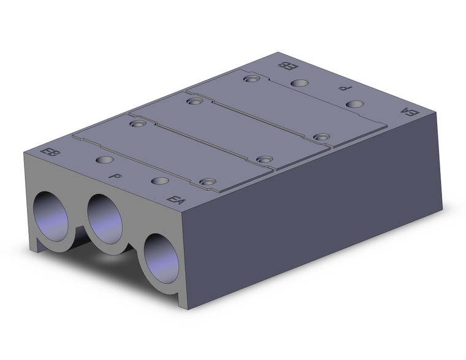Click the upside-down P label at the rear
pos(343,88)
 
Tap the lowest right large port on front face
pos(161,257)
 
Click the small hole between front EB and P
pos(105,161)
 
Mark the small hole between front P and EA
pos(159,181)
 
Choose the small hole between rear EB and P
pos(299,83)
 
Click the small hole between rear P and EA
pos(354,104)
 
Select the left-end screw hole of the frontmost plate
pos(138,124)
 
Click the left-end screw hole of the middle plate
pos(194,101)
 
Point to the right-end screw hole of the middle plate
pos(265,159)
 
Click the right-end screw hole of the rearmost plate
pos(321,137)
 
